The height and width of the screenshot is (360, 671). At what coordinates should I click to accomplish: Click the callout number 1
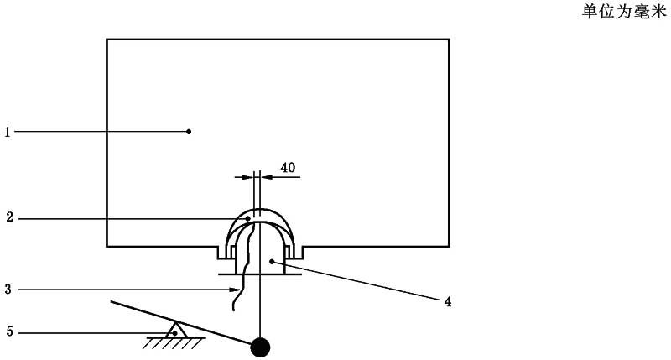tap(7, 133)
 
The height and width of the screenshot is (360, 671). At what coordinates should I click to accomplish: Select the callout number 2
tap(9, 217)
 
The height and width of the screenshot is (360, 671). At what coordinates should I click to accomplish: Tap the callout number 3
tap(8, 290)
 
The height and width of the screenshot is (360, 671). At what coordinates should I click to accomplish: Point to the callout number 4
tap(448, 302)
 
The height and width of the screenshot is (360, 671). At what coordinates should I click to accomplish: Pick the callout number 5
tap(9, 331)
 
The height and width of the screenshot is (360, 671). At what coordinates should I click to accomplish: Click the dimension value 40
tap(288, 167)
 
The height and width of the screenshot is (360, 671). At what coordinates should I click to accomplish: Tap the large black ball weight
tap(260, 347)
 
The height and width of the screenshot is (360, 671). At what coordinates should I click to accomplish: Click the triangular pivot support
tap(174, 329)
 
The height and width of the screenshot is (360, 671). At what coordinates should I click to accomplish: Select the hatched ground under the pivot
tap(174, 342)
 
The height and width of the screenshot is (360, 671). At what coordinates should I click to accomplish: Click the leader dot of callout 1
tap(189, 132)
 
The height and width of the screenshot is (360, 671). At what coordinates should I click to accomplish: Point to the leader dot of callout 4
tap(272, 261)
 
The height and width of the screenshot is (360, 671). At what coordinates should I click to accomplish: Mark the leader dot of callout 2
tap(247, 219)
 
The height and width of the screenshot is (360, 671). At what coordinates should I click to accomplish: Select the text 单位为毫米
tap(624, 12)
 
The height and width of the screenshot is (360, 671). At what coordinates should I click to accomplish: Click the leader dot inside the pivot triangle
tap(174, 332)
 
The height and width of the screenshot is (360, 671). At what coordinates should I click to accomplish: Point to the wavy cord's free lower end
tap(233, 310)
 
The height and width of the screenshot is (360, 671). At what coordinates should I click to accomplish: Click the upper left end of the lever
tap(112, 302)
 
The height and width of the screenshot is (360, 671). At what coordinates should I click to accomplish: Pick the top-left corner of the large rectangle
tap(107, 39)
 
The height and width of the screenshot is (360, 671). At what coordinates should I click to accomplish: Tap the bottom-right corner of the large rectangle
tap(449, 246)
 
